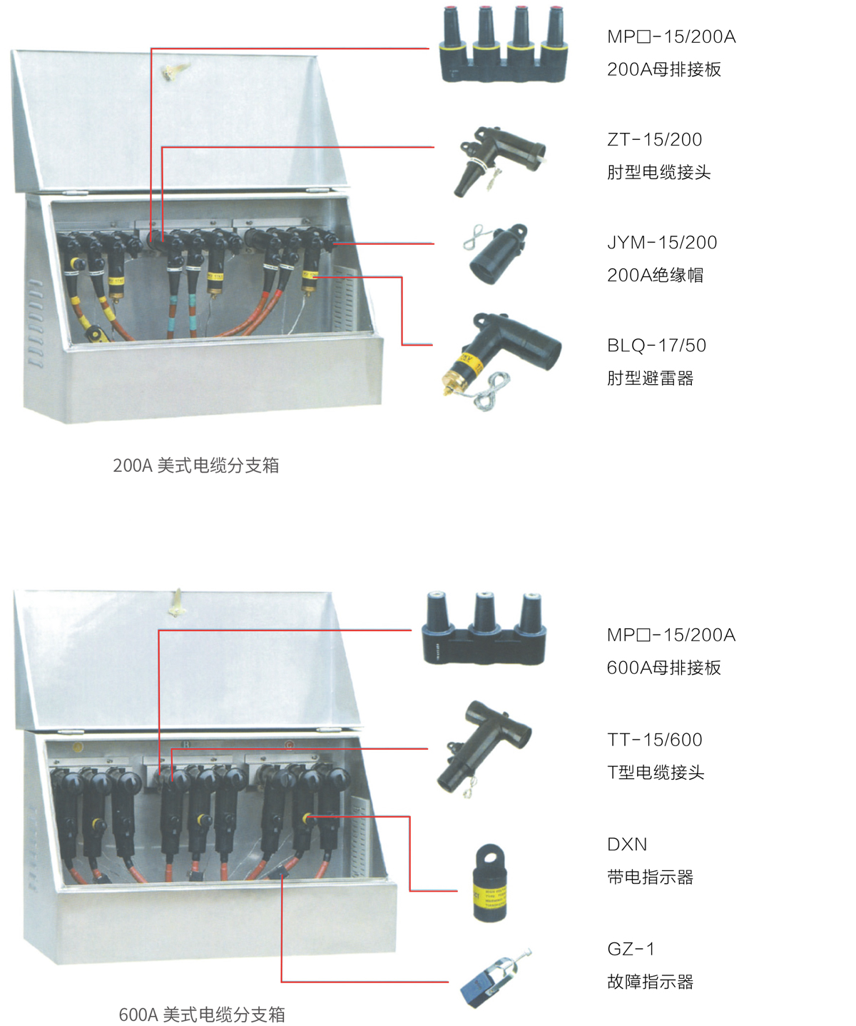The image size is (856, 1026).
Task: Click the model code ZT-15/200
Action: point(654,139)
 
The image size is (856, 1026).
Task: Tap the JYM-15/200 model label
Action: point(662,242)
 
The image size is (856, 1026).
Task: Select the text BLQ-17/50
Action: point(656,346)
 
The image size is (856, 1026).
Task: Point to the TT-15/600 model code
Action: point(655,740)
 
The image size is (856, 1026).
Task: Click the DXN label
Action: point(627,844)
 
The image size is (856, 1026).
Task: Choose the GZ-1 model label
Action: point(631,948)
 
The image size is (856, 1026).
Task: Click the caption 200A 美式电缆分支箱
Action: point(196,466)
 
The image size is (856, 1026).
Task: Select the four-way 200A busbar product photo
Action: point(504,44)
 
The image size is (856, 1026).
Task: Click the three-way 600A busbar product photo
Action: point(484,628)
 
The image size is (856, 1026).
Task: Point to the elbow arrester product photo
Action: point(501,362)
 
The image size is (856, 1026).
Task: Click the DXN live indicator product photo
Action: point(489,883)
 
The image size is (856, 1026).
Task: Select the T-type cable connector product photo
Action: point(484,748)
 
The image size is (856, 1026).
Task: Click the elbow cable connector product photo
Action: point(498,161)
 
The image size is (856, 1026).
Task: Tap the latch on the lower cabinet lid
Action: point(175,603)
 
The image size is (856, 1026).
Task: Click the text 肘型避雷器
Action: point(651,378)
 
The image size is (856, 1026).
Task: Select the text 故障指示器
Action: point(651,981)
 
